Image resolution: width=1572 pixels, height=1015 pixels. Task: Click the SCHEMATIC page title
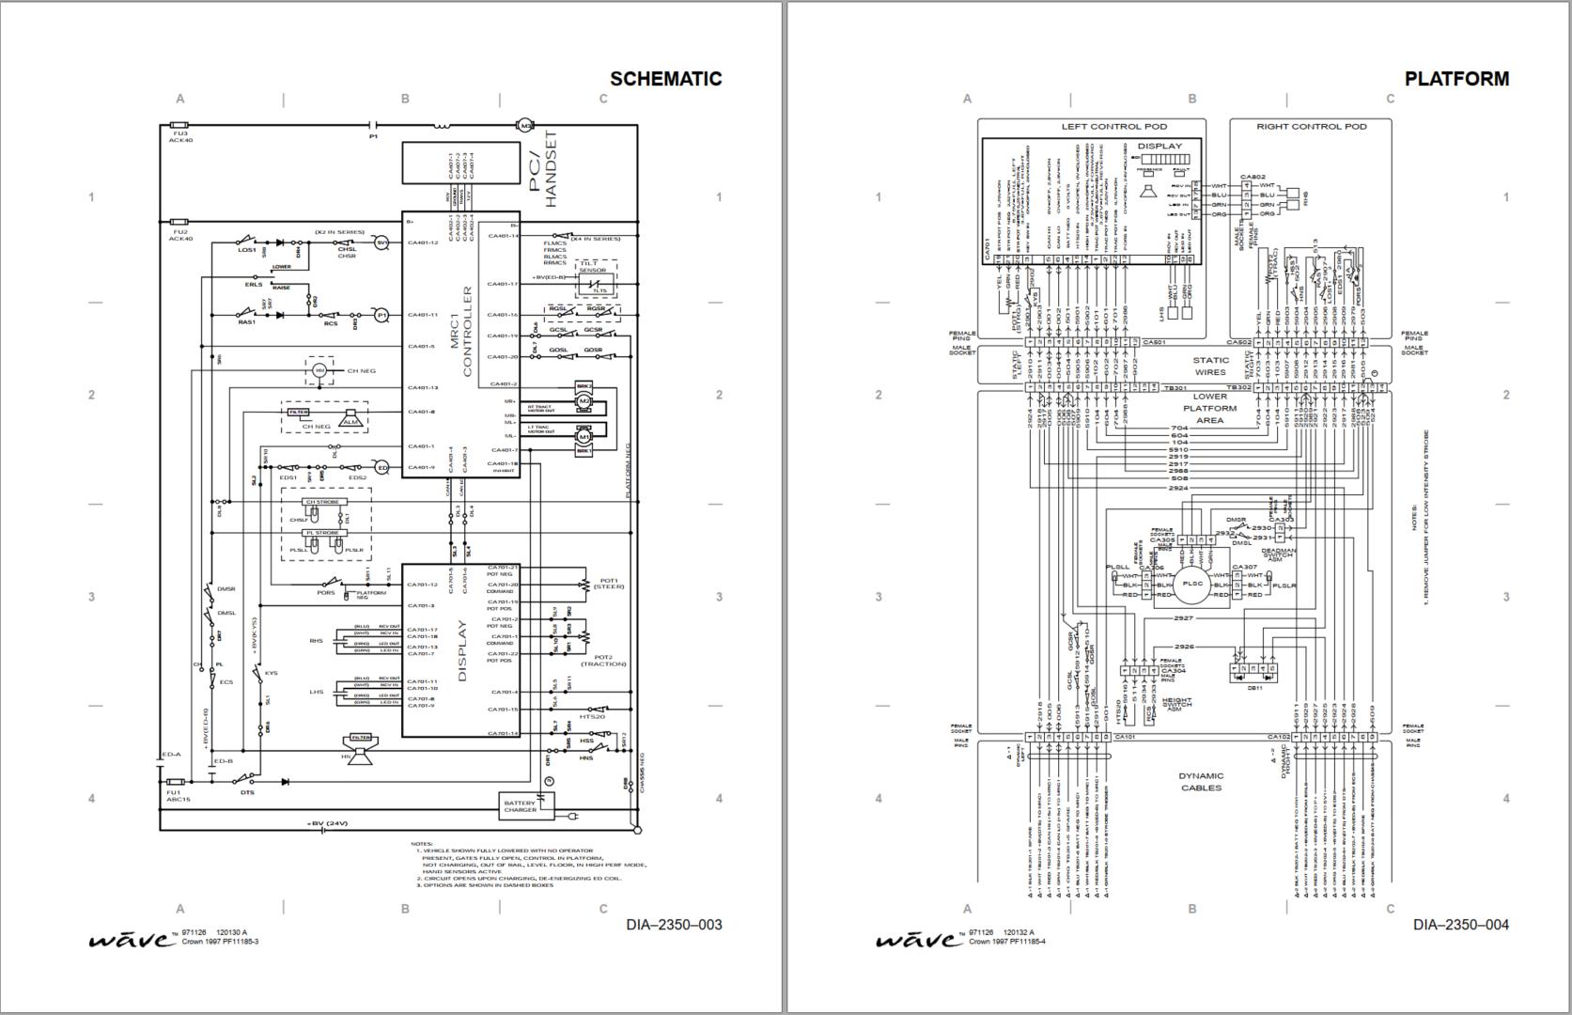[665, 79]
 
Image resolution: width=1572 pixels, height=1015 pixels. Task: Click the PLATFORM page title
[1456, 79]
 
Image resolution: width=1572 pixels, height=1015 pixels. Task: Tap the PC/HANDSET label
[544, 170]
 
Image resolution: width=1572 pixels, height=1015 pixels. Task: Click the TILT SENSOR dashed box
[593, 280]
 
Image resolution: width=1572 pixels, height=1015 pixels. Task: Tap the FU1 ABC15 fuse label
[179, 795]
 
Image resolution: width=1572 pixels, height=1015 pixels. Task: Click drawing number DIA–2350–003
[674, 925]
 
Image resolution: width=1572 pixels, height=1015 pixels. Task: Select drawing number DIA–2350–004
[1460, 925]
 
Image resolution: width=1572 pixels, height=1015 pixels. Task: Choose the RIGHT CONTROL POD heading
[1312, 126]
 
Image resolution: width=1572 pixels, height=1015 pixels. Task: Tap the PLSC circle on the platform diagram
[1191, 584]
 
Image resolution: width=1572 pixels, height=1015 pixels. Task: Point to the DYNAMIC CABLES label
[1202, 782]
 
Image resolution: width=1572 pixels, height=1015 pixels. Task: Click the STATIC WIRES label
[1210, 366]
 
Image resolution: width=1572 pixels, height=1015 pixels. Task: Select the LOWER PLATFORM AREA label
[1210, 409]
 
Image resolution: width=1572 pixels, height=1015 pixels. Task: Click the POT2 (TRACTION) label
[602, 661]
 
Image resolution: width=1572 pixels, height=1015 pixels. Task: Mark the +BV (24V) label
[327, 823]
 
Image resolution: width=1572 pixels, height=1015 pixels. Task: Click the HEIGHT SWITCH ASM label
[1177, 705]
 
